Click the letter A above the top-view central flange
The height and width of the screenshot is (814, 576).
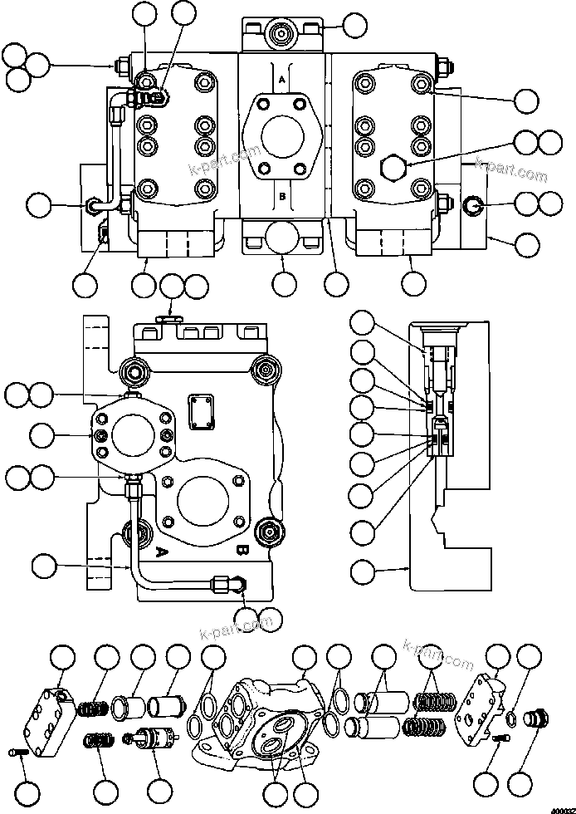282,80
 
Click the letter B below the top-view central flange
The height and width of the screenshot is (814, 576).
282,197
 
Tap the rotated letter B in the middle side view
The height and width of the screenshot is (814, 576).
241,549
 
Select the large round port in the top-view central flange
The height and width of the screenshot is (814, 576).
282,137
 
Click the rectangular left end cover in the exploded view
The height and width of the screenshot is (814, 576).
51,718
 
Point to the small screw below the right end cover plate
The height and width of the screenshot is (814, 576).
498,739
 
